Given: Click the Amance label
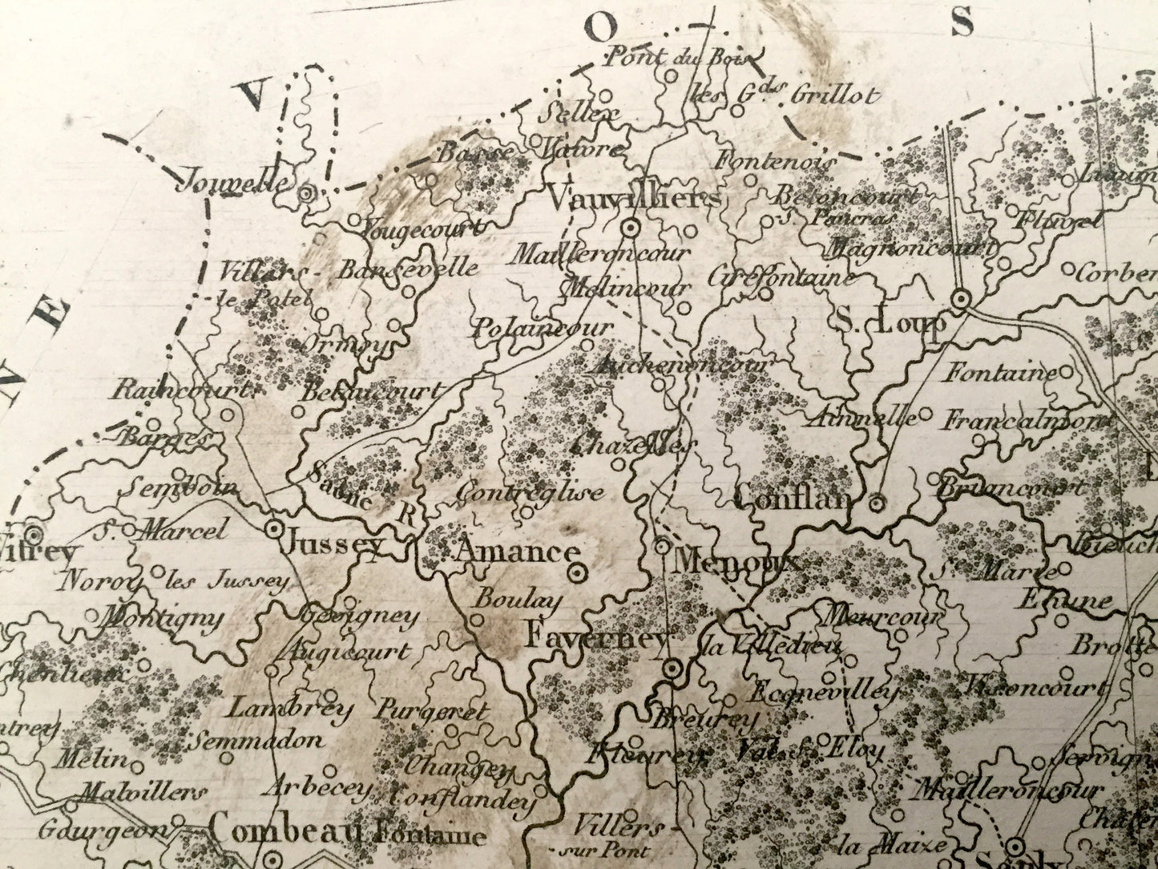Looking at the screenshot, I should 515,552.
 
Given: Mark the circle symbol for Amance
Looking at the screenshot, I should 576,572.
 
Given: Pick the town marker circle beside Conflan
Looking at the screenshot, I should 878,503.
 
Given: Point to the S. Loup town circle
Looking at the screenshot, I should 960,300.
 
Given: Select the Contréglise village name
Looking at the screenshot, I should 530,492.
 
